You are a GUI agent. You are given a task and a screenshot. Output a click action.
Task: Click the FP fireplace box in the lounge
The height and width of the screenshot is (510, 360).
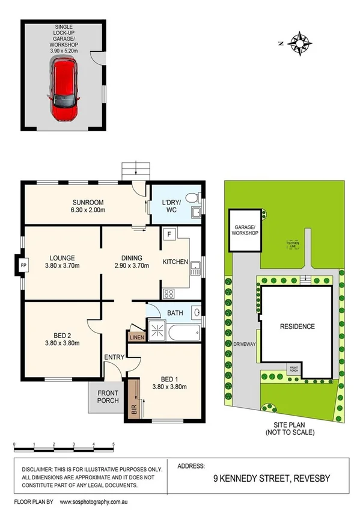pos(23,265)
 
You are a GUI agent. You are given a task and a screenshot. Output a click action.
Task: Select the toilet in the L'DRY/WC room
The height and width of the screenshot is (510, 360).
pos(191,197)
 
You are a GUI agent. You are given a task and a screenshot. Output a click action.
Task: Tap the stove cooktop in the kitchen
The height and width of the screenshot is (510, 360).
pos(169,294)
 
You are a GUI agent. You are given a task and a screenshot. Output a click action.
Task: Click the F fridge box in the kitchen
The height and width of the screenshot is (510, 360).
pos(169,235)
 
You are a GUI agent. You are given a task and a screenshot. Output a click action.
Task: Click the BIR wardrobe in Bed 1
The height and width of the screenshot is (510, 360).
pos(133,399)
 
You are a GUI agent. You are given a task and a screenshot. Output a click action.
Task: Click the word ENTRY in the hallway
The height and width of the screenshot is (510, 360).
pos(114,357)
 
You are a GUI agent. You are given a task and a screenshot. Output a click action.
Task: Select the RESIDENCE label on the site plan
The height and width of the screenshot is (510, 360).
pos(297,327)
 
